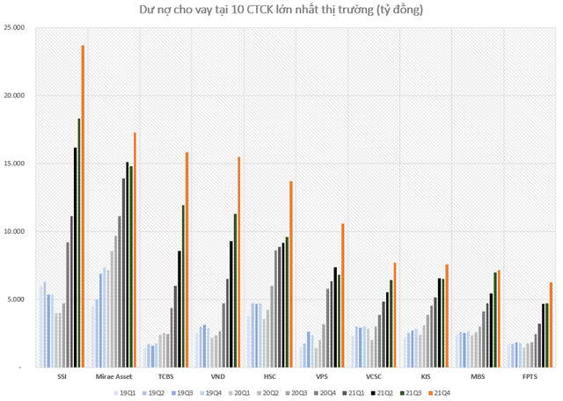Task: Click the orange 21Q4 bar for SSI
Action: [x=83, y=207]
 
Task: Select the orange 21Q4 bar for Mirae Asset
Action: [x=135, y=250]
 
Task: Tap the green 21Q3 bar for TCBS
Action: [x=183, y=286]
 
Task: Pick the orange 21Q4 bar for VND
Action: [x=238, y=262]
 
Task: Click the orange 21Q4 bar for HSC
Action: [x=291, y=274]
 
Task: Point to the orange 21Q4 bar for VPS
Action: [x=343, y=295]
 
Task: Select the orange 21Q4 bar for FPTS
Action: [x=551, y=324]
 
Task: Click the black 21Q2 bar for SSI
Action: [x=76, y=258]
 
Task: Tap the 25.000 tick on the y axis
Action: [x=14, y=27]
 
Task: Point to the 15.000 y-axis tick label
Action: [x=14, y=164]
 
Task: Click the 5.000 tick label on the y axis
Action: [x=16, y=299]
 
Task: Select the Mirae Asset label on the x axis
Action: [x=113, y=376]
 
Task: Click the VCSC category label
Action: [x=374, y=376]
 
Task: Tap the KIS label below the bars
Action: [x=426, y=376]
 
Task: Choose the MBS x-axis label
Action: [x=478, y=376]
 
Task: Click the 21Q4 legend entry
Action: [x=439, y=393]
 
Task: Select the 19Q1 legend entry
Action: [x=125, y=393]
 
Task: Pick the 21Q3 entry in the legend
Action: [x=411, y=393]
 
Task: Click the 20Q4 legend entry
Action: [x=325, y=393]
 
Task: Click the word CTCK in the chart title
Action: [x=258, y=10]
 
